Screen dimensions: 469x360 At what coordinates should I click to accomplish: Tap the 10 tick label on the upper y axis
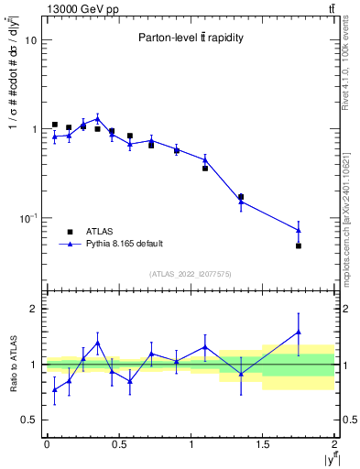pos(29,40)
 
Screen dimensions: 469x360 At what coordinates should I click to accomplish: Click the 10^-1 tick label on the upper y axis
pos(27,218)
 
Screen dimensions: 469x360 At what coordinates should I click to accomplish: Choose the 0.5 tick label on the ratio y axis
pos(29,420)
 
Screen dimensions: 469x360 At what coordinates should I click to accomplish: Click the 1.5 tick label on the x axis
pos(263,445)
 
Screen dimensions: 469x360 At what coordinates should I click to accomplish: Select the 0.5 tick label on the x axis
pos(118,445)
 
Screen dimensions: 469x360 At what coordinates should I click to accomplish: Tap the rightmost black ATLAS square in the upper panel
pos(299,245)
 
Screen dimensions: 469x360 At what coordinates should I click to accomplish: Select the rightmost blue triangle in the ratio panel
pos(299,332)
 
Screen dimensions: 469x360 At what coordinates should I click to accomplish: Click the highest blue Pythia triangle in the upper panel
pos(97,118)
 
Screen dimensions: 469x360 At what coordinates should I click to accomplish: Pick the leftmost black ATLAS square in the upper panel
pos(54,125)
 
